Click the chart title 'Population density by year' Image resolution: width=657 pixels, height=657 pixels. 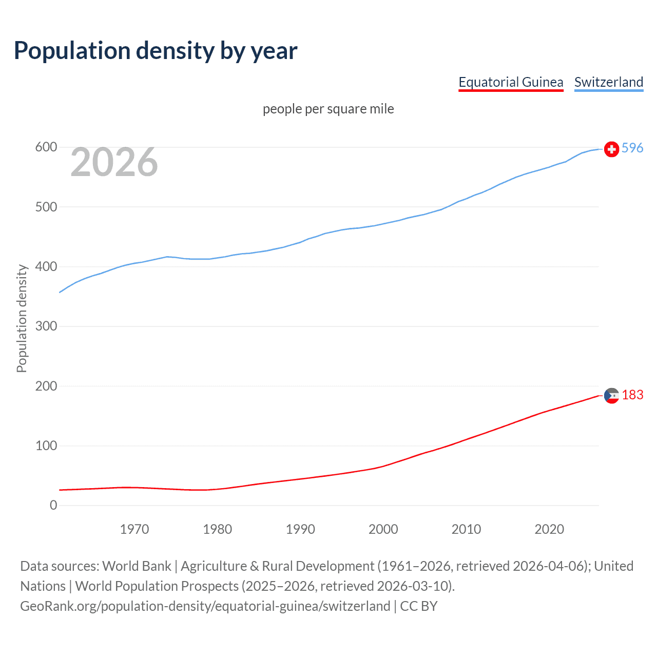click(156, 51)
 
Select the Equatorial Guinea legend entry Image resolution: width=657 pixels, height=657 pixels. click(511, 82)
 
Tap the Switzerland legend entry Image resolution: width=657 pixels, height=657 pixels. click(608, 82)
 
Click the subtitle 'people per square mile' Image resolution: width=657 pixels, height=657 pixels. click(328, 109)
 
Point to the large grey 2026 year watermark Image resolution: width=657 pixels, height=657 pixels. click(114, 162)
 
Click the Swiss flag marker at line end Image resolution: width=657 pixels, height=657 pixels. click(611, 149)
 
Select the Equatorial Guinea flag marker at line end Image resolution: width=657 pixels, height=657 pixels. click(611, 396)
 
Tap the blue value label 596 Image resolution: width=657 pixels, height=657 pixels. click(632, 148)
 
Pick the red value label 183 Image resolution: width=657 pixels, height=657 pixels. click(632, 395)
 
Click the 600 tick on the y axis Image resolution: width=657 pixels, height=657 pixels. click(46, 147)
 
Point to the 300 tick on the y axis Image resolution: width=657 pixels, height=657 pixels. click(46, 326)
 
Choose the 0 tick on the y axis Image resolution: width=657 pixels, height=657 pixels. click(53, 506)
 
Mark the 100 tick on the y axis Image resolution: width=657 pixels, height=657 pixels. click(46, 446)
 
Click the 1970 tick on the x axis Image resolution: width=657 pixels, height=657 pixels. click(134, 529)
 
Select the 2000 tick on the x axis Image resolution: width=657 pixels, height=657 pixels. click(383, 529)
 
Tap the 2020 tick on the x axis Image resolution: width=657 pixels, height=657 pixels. click(549, 529)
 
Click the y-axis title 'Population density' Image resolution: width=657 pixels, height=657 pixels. click(22, 318)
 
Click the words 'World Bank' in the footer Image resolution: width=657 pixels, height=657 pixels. click(137, 566)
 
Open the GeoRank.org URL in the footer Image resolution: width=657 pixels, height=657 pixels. click(205, 606)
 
